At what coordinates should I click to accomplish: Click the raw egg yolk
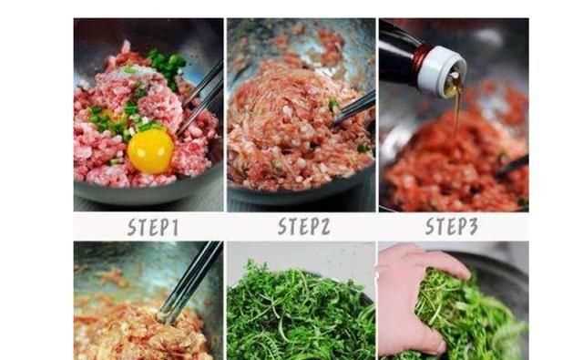coord(150,150)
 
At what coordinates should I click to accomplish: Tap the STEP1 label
coord(153,227)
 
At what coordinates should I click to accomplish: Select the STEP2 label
coord(304,226)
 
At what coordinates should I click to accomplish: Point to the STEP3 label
coord(452,226)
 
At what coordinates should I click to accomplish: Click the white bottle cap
coord(442,71)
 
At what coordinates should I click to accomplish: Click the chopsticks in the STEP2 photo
coord(354,108)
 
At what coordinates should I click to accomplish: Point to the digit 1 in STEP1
coord(174,228)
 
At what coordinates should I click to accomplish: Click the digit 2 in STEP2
coord(325,227)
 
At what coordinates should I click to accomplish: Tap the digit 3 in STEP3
coord(473,226)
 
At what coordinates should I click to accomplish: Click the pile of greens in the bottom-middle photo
coord(301,313)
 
